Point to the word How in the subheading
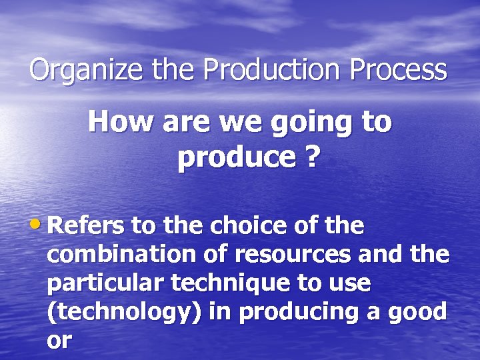click(x=114, y=122)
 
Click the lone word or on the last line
click(x=59, y=340)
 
